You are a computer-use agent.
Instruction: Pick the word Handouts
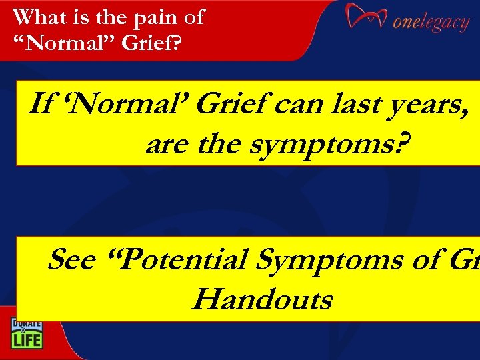261,300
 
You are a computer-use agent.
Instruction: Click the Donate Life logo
26,333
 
